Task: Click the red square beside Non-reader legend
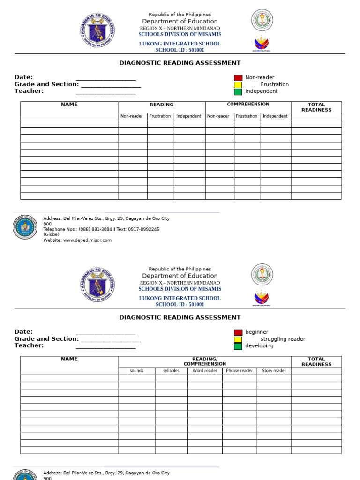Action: (x=238, y=78)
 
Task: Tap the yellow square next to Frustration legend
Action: (x=238, y=85)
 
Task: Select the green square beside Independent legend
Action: (x=238, y=92)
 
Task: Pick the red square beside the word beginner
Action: (x=238, y=332)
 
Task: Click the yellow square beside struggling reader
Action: (x=238, y=339)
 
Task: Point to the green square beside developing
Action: (x=238, y=346)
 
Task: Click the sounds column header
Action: (x=137, y=371)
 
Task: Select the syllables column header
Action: (x=171, y=371)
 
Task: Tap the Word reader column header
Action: (x=205, y=371)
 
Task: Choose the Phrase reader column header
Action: (x=240, y=371)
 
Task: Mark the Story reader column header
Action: (x=274, y=371)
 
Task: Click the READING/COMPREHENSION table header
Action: (x=205, y=361)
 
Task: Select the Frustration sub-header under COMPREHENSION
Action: (x=247, y=116)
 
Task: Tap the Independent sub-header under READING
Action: (x=188, y=116)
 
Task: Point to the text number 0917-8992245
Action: (x=144, y=230)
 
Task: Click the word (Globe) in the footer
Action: (x=52, y=235)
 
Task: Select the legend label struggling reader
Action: (x=283, y=339)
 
